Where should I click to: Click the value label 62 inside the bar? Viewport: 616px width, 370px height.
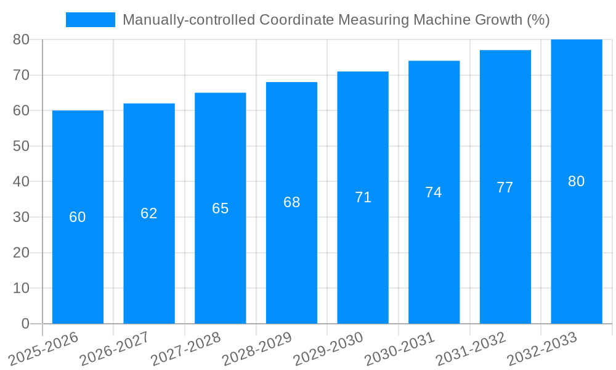(x=149, y=213)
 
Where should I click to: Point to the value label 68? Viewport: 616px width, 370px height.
(x=292, y=202)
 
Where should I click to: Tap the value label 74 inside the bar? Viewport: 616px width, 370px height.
(x=434, y=192)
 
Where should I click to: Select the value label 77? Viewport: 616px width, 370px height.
(x=505, y=187)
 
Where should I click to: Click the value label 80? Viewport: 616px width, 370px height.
(x=577, y=181)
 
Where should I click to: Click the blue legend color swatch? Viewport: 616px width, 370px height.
(x=91, y=20)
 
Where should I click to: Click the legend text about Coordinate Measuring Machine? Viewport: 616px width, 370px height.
(x=336, y=20)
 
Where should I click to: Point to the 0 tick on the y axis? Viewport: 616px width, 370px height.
(x=25, y=324)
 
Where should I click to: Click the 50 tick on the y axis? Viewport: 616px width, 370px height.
(x=21, y=146)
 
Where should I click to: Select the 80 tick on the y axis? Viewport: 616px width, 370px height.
(x=21, y=39)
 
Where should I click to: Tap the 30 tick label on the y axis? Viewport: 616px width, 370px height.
(x=21, y=217)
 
